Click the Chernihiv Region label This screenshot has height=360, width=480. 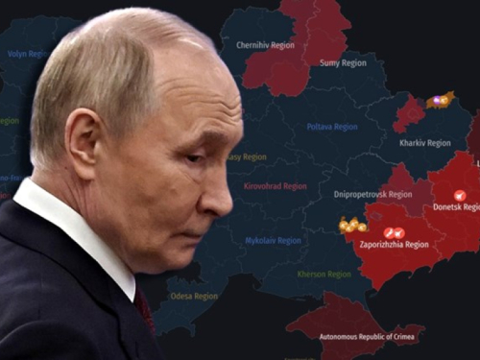point(265,45)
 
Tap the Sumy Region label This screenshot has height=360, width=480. point(342,62)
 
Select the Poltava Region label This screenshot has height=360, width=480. point(332,127)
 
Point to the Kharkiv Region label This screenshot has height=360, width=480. point(424,143)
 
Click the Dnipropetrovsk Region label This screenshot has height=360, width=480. point(372,194)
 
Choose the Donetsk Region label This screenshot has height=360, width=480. point(455,206)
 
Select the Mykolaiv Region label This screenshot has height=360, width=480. point(273,241)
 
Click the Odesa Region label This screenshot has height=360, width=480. point(194,296)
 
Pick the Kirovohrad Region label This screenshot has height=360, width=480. point(275,186)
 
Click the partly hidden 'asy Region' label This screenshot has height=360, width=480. point(248,156)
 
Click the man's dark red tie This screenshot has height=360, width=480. point(144,312)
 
